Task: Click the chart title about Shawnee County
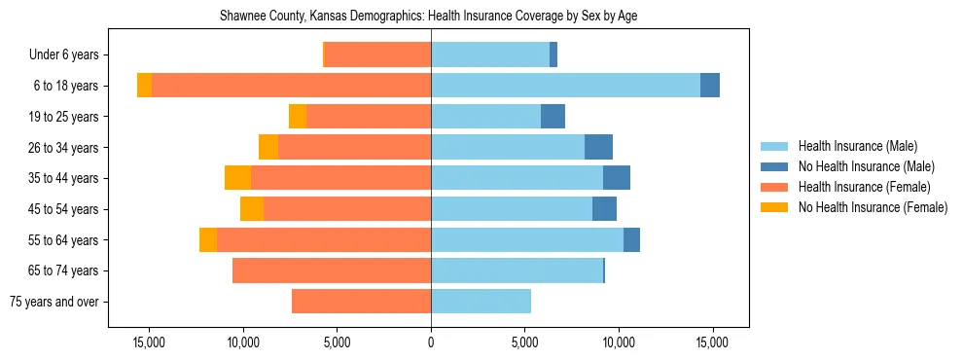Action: tap(428, 17)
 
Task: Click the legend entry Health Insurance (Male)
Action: tap(857, 146)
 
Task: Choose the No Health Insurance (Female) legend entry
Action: tap(873, 207)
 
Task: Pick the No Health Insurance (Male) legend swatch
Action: tap(774, 166)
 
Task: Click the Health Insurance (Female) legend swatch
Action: tap(774, 187)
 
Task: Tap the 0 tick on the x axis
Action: tap(431, 342)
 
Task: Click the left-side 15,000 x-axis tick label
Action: tap(149, 342)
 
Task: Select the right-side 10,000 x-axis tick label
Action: tap(619, 342)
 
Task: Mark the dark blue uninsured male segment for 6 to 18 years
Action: tap(710, 86)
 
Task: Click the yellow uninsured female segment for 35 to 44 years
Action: tap(237, 178)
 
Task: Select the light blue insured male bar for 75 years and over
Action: tap(481, 302)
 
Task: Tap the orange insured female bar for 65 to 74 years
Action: tap(332, 270)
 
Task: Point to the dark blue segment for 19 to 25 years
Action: tap(553, 117)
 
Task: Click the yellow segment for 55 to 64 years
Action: tap(208, 239)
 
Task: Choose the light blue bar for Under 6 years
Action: tap(489, 55)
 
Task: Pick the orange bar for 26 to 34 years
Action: tap(354, 147)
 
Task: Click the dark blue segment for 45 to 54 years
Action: tap(604, 209)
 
